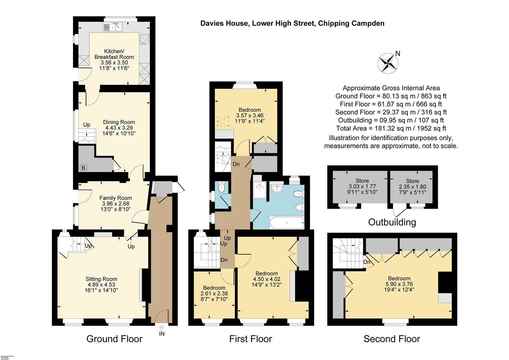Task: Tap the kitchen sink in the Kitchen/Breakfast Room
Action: (x=113, y=27)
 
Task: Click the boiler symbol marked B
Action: (x=83, y=168)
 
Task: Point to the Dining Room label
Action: (x=119, y=122)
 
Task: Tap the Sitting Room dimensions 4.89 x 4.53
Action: (x=101, y=285)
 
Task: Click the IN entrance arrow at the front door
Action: (x=162, y=330)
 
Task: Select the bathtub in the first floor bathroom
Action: (x=286, y=223)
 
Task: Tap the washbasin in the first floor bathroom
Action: (x=277, y=189)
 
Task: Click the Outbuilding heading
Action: (x=392, y=222)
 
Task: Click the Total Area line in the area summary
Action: (x=391, y=128)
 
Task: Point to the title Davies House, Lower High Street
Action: (x=292, y=23)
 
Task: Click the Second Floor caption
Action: (x=391, y=339)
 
